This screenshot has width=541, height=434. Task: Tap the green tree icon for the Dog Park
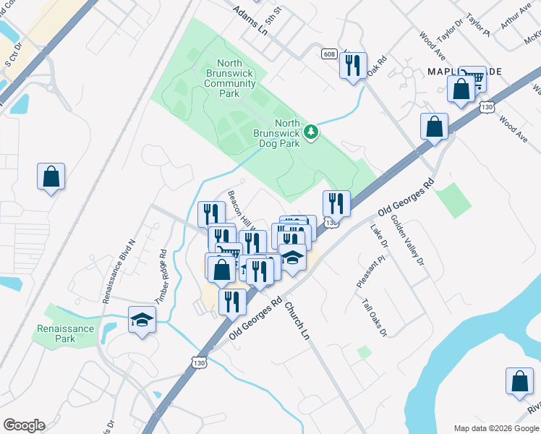click(311, 132)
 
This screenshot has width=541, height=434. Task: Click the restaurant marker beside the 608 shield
click(353, 66)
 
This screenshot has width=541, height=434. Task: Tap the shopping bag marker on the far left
click(51, 176)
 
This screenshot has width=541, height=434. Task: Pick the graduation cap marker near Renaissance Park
click(142, 319)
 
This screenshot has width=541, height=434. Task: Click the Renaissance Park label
click(65, 333)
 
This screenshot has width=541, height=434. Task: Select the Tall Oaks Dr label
click(375, 317)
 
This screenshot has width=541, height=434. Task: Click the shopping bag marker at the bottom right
click(519, 383)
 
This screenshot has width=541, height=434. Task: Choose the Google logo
click(24, 425)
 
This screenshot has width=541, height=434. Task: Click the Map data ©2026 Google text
click(495, 428)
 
